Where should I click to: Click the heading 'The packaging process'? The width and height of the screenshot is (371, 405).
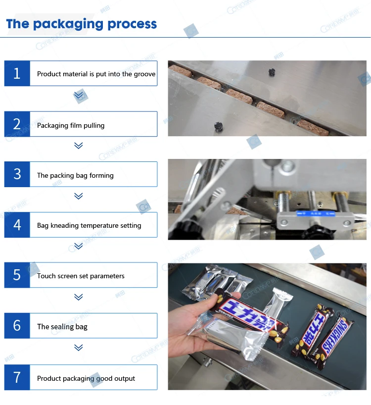(x=82, y=24)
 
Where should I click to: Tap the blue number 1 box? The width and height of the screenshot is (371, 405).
(x=17, y=74)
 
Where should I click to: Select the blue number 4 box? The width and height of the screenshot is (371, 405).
(x=17, y=225)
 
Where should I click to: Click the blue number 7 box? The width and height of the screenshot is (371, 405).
(x=17, y=378)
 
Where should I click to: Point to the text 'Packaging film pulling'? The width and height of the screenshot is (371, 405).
(x=71, y=125)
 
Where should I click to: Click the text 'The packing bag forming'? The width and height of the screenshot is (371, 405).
(x=75, y=175)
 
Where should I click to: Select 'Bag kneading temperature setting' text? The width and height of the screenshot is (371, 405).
(x=89, y=225)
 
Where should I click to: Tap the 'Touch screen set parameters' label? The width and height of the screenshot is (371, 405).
(x=81, y=276)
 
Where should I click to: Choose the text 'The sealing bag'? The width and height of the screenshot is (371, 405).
(x=62, y=327)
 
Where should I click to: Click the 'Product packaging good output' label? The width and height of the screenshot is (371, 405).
(x=86, y=378)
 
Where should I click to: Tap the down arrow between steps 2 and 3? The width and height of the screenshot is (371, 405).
(x=78, y=146)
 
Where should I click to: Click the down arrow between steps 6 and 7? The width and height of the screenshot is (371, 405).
(x=78, y=348)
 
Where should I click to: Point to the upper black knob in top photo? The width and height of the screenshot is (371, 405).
(x=272, y=72)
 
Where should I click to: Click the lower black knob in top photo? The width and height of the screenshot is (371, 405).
(x=218, y=127)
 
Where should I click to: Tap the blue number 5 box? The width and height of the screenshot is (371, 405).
(x=17, y=275)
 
